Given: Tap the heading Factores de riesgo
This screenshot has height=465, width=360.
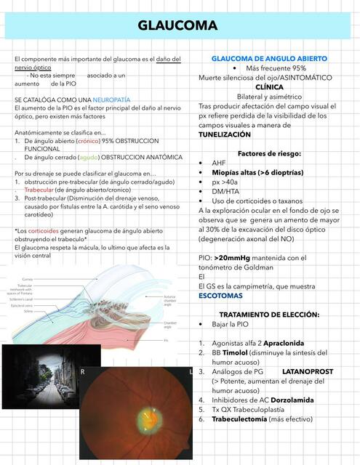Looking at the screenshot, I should pyautogui.click(x=270, y=153).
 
